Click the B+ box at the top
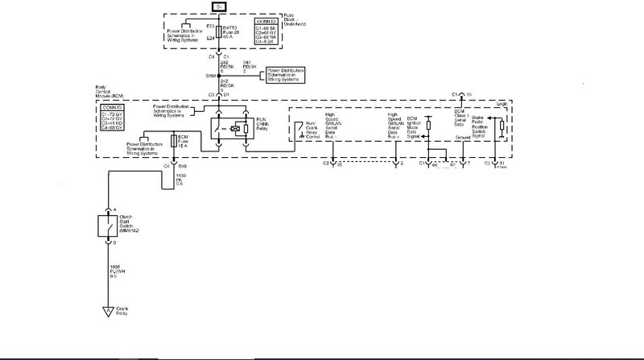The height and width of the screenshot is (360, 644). pos(218,6)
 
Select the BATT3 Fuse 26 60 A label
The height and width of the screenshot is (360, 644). pos(230,32)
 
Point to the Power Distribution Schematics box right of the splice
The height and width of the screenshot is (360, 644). pos(287,77)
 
